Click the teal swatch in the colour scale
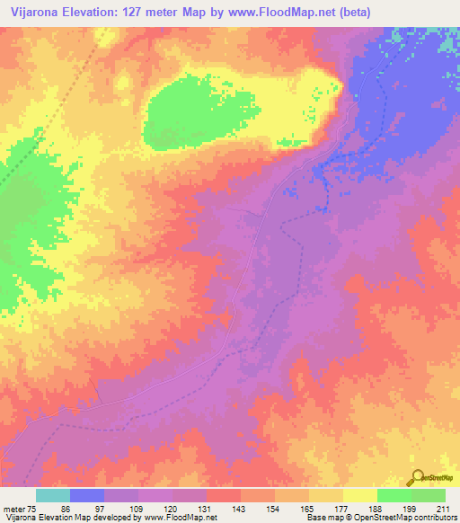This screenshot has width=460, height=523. (53, 495)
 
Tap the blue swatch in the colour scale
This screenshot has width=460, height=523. (87, 495)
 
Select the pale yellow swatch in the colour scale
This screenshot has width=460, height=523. (360, 495)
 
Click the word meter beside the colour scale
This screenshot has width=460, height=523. (16, 508)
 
